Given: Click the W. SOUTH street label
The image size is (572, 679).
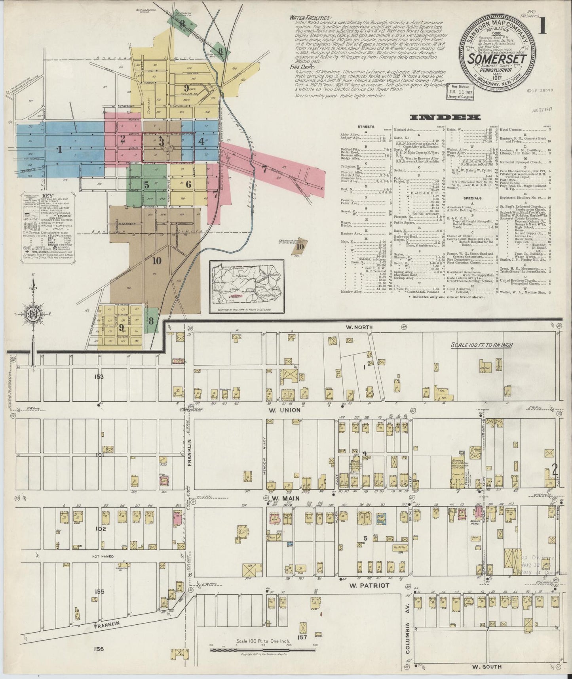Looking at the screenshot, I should (487, 667).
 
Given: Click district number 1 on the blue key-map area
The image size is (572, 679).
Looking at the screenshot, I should (59, 150).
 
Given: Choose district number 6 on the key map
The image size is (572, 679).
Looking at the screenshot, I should (188, 184).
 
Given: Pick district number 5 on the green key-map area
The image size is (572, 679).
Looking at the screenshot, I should (146, 185).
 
